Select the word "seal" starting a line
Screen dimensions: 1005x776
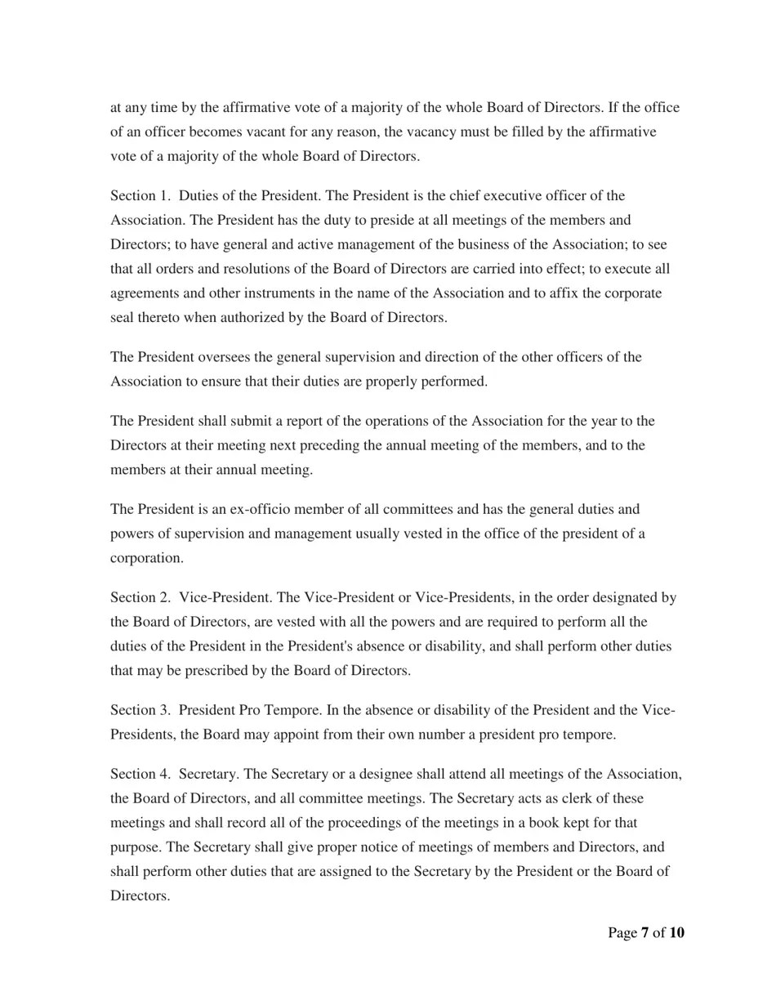pyautogui.click(x=123, y=317)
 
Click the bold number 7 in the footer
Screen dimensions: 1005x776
pyautogui.click(x=644, y=933)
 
